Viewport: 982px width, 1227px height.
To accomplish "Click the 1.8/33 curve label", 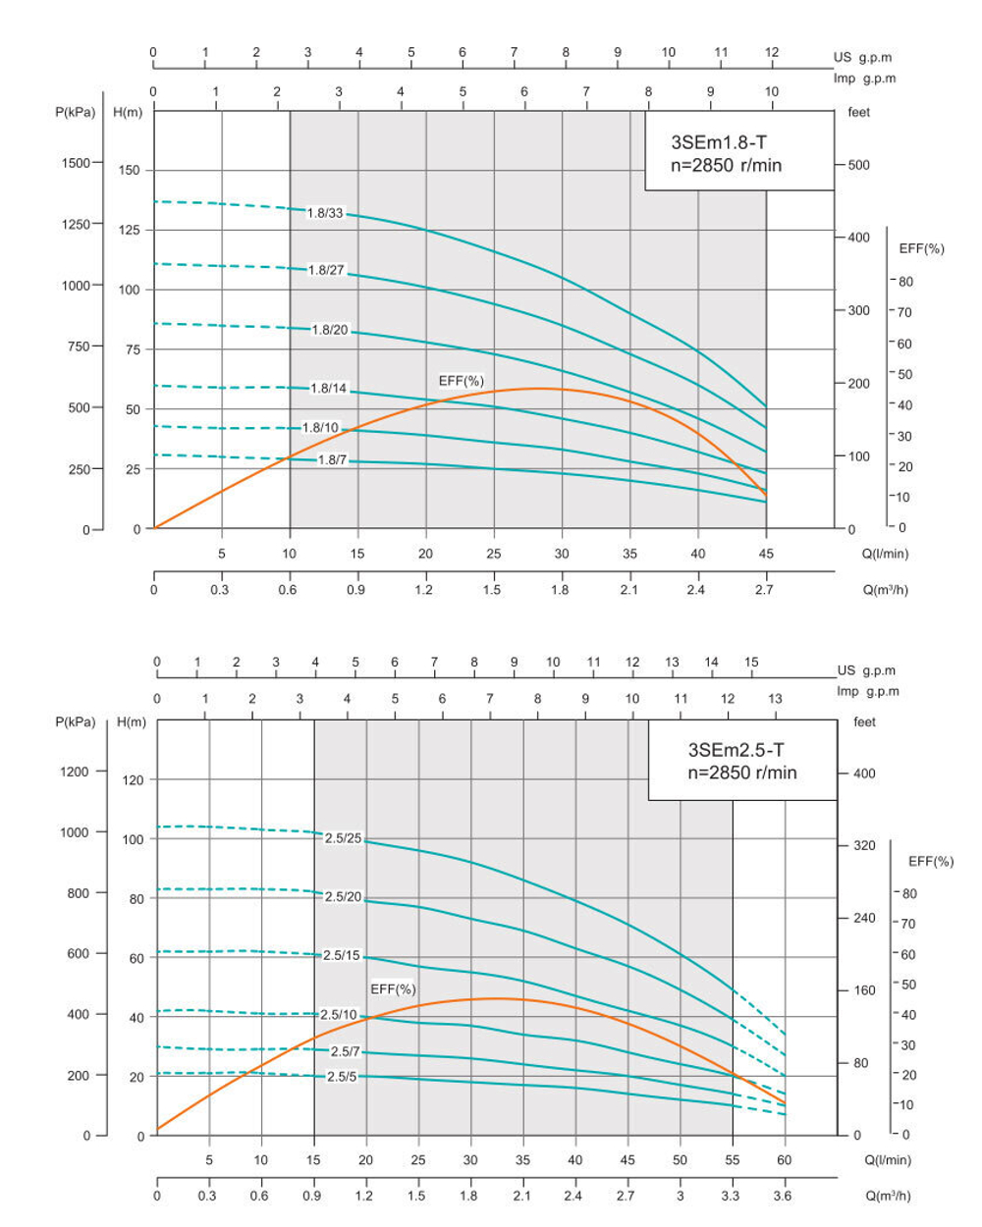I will pos(325,213).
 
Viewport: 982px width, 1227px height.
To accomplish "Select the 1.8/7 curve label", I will pos(333,459).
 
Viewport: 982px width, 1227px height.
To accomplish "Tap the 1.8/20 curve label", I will pos(330,330).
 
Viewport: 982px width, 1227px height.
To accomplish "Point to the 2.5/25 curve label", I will pos(343,838).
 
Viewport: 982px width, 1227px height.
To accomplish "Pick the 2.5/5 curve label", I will pos(342,1077).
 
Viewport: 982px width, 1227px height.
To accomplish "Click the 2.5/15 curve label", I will pos(342,955).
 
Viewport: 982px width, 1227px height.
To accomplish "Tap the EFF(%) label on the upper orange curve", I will pos(461,381).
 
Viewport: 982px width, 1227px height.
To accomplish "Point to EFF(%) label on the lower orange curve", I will pos(393,988).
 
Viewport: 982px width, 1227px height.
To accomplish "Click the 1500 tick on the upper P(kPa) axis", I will pos(76,163).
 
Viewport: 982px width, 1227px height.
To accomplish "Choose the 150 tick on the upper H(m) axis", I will pos(129,170).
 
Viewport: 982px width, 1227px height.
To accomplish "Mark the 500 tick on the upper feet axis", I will pos(858,165).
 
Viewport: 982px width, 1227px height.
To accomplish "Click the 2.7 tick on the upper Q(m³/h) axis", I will pos(764,590).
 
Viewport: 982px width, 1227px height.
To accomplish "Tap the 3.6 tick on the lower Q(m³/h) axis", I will pos(782,1196).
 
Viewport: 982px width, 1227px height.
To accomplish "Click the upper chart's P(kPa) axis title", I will pos(75,112).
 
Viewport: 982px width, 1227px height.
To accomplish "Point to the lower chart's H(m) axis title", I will pos(131,722).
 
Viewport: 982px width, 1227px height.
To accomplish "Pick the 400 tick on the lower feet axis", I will pos(864,774).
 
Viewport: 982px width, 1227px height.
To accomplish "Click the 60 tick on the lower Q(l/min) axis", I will pos(785,1159).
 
